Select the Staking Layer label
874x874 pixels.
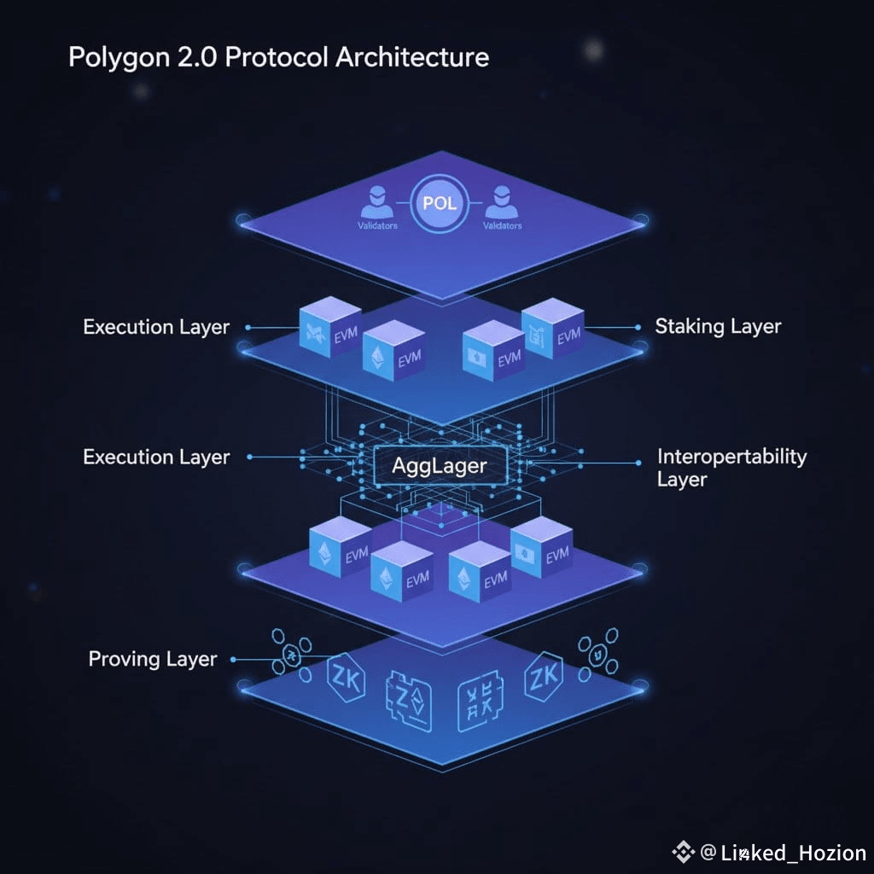(718, 326)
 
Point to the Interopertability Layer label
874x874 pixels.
(731, 467)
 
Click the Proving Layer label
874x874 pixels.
(153, 659)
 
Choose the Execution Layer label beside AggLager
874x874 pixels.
(156, 457)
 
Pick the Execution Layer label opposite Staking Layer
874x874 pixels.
(156, 327)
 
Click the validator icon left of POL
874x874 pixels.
(376, 204)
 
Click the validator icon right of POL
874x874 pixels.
(502, 204)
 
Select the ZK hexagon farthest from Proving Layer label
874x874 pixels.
(543, 679)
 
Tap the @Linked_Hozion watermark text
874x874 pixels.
(784, 853)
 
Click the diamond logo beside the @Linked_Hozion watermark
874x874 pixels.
(684, 852)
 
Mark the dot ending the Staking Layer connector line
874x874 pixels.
(638, 327)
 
